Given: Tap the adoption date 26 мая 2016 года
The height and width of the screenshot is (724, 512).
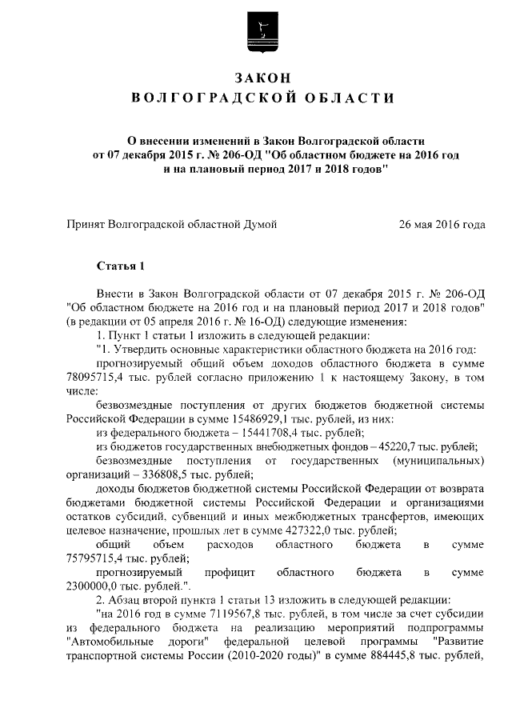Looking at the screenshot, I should pos(442,225).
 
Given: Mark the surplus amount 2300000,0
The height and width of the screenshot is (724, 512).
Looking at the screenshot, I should pos(98,586).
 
